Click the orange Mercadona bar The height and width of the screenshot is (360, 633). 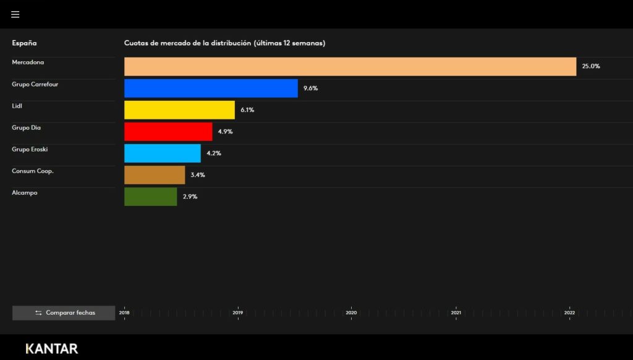pos(350,67)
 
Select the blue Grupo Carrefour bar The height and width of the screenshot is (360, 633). pos(211,88)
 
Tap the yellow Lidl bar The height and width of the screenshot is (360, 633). pos(179,110)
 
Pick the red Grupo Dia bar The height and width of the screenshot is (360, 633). pos(168,132)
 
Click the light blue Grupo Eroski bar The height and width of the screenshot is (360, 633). pos(163,153)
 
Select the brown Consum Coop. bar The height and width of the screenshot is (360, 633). pos(155,175)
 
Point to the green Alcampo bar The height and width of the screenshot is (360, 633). pos(150,197)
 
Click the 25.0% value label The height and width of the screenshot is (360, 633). pos(591,66)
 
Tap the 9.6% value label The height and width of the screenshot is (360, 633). pos(310,88)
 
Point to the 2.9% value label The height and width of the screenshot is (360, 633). pos(190,197)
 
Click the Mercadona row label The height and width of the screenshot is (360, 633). pos(28,62)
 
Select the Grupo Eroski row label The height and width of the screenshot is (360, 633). pos(30,149)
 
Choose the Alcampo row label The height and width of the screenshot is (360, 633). pos(25,193)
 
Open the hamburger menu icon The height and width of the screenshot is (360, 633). pos(15,14)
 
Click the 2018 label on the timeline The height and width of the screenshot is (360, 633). pos(124,313)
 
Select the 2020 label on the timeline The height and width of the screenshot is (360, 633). pos(351,313)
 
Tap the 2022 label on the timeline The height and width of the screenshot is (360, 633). pos(569,313)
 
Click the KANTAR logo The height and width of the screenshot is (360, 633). pos(52,348)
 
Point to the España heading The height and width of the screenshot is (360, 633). pos(24,43)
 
